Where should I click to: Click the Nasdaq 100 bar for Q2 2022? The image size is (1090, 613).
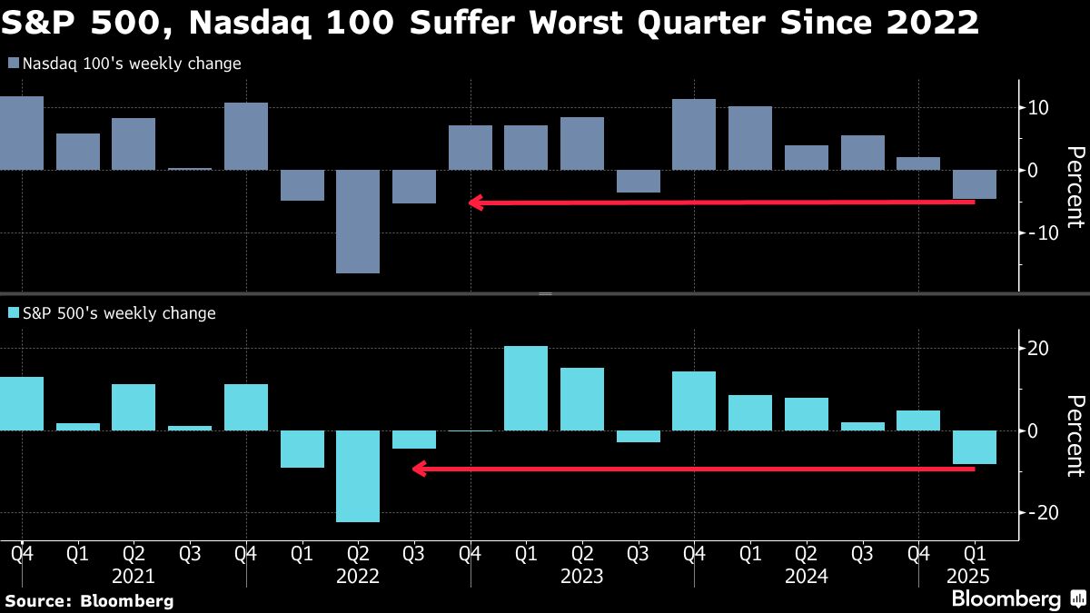point(358,221)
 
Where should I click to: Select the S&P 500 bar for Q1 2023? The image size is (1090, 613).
point(526,388)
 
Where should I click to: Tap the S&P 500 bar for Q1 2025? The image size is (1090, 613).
point(975,447)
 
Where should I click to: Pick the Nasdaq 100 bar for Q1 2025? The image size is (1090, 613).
point(975,184)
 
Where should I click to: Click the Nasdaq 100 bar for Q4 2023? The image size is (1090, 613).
point(694,134)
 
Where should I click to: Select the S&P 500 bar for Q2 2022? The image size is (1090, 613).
point(358,476)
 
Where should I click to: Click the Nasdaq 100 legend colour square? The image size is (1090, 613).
point(13,64)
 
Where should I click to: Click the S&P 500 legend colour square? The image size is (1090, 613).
point(13,313)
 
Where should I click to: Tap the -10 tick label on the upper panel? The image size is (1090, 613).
point(1037,232)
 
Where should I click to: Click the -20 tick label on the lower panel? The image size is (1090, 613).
point(1037,512)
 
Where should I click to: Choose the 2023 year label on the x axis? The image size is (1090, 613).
point(581,576)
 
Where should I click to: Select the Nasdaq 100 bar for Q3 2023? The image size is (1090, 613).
point(639,181)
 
